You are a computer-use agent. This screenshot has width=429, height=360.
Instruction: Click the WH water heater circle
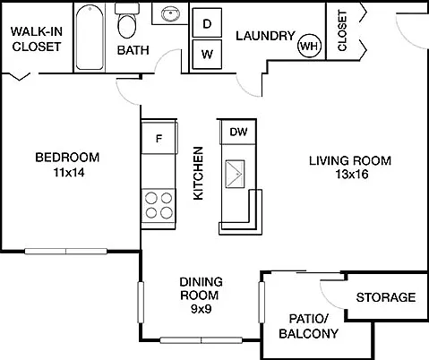click(x=310, y=46)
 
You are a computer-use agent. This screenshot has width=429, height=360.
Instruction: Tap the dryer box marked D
click(x=207, y=22)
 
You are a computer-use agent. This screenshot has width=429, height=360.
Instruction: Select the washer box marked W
click(x=207, y=55)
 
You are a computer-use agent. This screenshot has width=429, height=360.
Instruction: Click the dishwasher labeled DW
click(x=238, y=132)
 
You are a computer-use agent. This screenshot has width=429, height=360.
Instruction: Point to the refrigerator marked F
click(x=159, y=138)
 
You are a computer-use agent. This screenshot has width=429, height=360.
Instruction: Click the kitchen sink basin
click(x=235, y=174)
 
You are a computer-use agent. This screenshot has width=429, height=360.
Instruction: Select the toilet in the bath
click(x=127, y=21)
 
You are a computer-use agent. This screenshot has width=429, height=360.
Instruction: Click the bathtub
click(x=90, y=38)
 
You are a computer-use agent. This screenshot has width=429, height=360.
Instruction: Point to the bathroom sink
click(x=170, y=13)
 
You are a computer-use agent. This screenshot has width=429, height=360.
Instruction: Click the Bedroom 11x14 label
click(x=67, y=165)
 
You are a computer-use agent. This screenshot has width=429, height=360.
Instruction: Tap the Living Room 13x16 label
click(x=350, y=167)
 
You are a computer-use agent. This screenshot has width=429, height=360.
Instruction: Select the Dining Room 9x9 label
click(x=201, y=296)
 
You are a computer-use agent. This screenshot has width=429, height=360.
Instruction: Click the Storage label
click(x=386, y=297)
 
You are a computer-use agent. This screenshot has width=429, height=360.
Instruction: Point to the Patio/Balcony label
click(x=309, y=326)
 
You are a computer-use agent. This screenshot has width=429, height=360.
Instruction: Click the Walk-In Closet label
click(x=37, y=39)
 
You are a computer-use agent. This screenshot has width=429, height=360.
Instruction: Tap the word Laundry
click(x=265, y=36)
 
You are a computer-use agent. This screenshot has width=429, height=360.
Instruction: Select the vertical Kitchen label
click(x=199, y=173)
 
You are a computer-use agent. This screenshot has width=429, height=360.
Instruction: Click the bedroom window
click(x=65, y=251)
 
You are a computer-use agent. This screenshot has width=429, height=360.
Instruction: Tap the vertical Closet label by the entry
click(x=342, y=30)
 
